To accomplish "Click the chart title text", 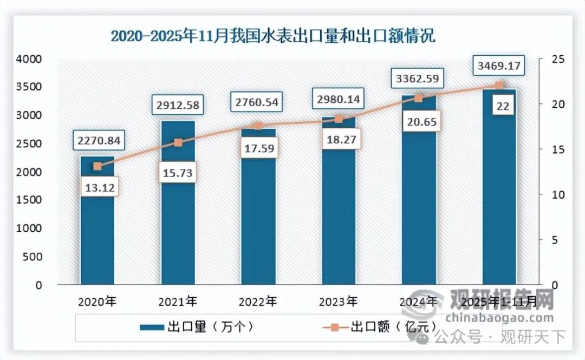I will click(x=273, y=36).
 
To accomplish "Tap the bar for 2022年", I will click(x=258, y=217).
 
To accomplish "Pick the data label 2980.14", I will click(x=339, y=100).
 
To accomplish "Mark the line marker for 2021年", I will click(x=178, y=142).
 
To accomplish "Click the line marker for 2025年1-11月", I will click(x=499, y=86).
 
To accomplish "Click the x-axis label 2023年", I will click(x=339, y=302).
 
